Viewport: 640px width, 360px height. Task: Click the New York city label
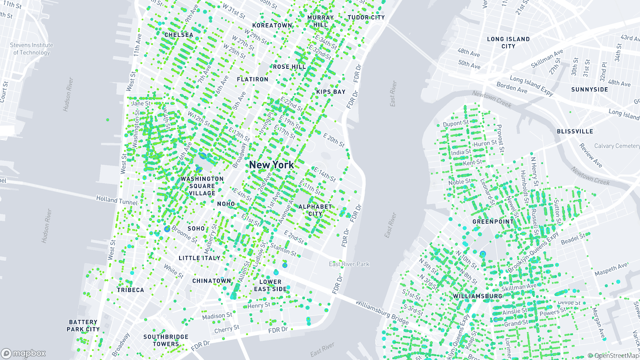271,165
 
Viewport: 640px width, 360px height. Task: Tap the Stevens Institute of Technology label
32,49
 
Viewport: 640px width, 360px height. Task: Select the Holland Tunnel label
117,200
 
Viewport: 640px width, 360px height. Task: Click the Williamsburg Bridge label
382,313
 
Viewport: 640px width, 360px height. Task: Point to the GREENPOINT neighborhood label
493,222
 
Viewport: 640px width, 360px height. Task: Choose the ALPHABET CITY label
315,210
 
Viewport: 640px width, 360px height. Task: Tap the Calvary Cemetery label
617,146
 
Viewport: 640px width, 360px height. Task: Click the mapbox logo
24,353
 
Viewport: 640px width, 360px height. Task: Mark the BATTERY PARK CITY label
83,326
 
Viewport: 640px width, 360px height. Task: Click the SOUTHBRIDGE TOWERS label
166,340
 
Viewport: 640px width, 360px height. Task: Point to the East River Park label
349,264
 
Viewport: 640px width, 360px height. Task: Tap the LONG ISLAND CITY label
508,42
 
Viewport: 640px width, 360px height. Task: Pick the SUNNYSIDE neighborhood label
590,90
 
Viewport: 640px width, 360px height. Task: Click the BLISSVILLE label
575,131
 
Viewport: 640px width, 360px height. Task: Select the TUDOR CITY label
366,18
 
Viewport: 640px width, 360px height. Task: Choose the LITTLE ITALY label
200,258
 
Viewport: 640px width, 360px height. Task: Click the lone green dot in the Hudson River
108,120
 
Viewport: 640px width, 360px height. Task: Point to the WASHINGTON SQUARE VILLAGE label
202,186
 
